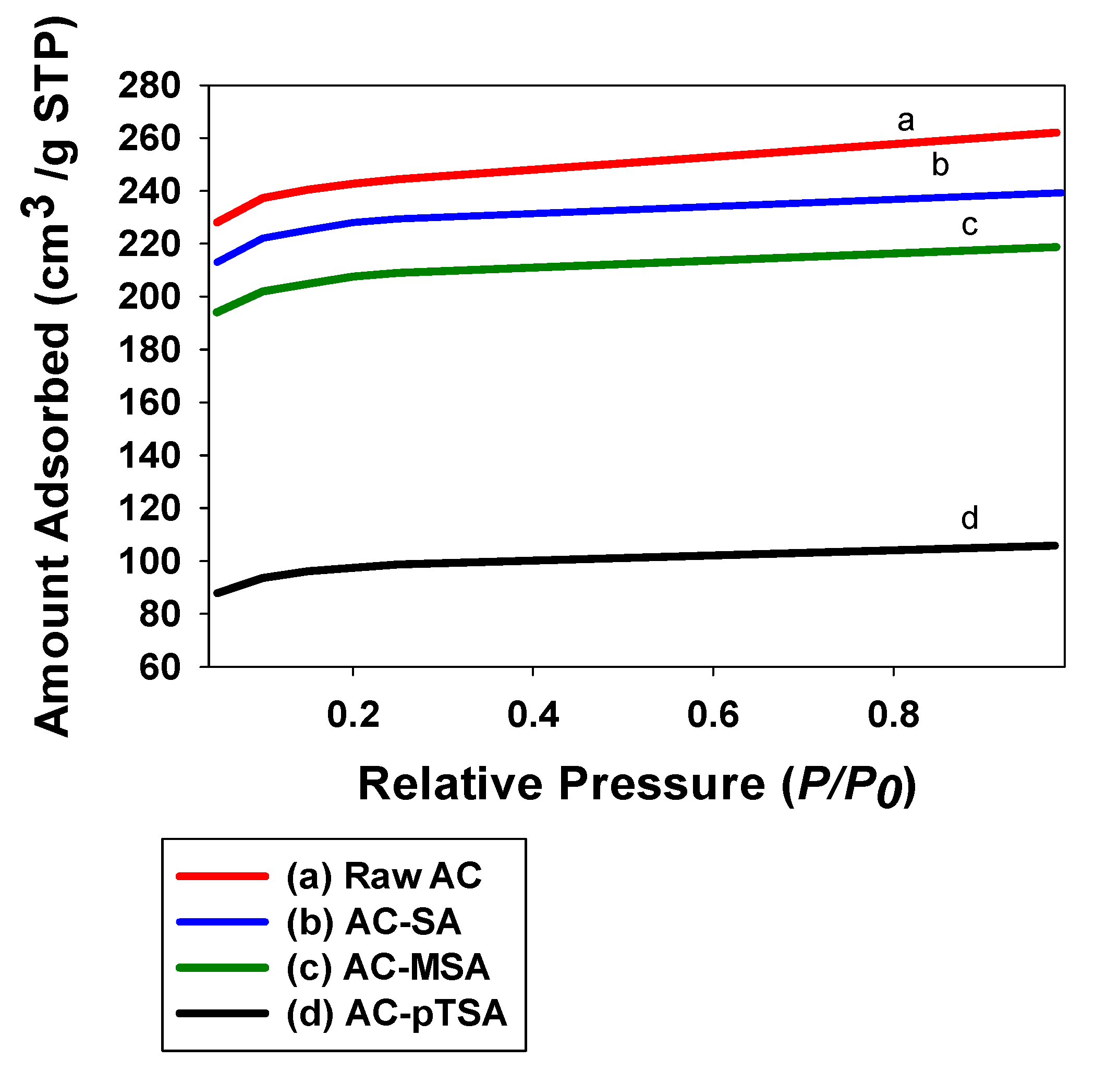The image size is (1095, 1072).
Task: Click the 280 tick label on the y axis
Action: pyautogui.click(x=149, y=87)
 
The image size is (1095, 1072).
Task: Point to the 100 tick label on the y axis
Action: pyautogui.click(x=149, y=562)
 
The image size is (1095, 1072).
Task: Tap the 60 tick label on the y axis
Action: pyautogui.click(x=160, y=668)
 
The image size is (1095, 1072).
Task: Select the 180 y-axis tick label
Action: pyautogui.click(x=149, y=350)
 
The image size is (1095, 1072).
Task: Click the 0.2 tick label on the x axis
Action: pyautogui.click(x=353, y=714)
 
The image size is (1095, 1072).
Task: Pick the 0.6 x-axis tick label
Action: pyautogui.click(x=713, y=714)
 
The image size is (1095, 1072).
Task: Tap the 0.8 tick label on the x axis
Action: pyautogui.click(x=893, y=714)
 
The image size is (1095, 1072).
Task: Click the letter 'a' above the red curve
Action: pyautogui.click(x=905, y=120)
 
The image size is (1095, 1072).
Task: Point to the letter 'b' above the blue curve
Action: pyautogui.click(x=940, y=165)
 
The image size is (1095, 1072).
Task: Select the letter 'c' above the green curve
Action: pyautogui.click(x=969, y=225)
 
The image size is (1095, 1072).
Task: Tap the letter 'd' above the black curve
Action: pyautogui.click(x=969, y=517)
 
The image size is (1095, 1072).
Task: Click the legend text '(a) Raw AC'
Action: pyautogui.click(x=384, y=876)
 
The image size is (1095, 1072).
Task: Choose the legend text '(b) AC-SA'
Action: pyautogui.click(x=373, y=922)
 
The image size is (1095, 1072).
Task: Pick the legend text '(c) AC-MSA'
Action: pyautogui.click(x=388, y=967)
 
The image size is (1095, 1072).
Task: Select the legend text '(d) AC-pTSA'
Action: pyautogui.click(x=396, y=1014)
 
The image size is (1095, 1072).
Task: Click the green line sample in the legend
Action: pyautogui.click(x=222, y=968)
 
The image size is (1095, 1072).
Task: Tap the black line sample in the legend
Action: pyautogui.click(x=222, y=1014)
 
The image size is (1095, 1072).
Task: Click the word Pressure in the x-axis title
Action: pyautogui.click(x=662, y=784)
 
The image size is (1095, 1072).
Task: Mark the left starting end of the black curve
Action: pyautogui.click(x=217, y=593)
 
